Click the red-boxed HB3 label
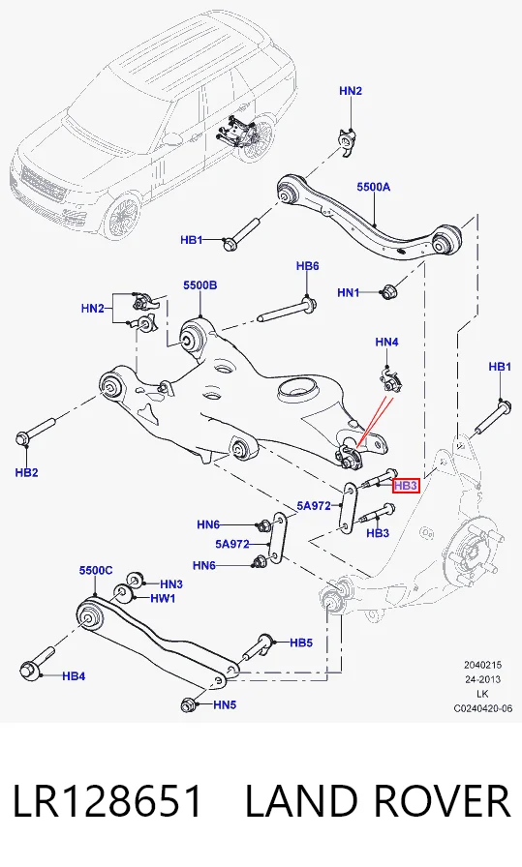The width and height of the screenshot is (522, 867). point(406,486)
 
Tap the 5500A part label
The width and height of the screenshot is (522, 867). point(373,187)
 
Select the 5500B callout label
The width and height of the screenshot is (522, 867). point(200,285)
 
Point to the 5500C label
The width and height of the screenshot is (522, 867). point(96,570)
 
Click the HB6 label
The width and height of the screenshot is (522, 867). point(307,266)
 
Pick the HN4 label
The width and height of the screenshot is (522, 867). point(386,343)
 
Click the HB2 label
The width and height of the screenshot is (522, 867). point(26,472)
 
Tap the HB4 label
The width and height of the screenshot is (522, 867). point(74,675)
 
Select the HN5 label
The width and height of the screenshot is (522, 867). point(225,705)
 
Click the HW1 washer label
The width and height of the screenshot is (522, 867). point(163,598)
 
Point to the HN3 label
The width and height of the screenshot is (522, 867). point(171,583)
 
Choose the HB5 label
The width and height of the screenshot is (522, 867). point(301,643)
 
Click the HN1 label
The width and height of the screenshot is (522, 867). point(349,292)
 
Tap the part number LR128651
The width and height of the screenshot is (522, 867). point(107,801)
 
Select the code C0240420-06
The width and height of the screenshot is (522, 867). point(483,708)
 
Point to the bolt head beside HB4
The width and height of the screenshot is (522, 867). point(28,671)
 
